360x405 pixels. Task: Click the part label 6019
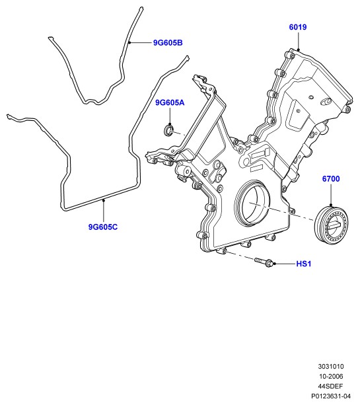pos(298,27)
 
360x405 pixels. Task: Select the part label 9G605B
pos(168,43)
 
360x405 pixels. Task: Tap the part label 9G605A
pos(170,103)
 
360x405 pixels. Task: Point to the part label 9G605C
pos(103,227)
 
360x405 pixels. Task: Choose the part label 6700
pos(331,179)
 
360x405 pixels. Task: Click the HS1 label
pos(304,264)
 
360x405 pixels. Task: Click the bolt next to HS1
pos(264,262)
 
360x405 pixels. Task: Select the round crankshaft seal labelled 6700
pos(328,227)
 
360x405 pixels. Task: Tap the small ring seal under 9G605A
pos(169,130)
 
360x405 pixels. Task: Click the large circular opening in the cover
pos(252,204)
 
